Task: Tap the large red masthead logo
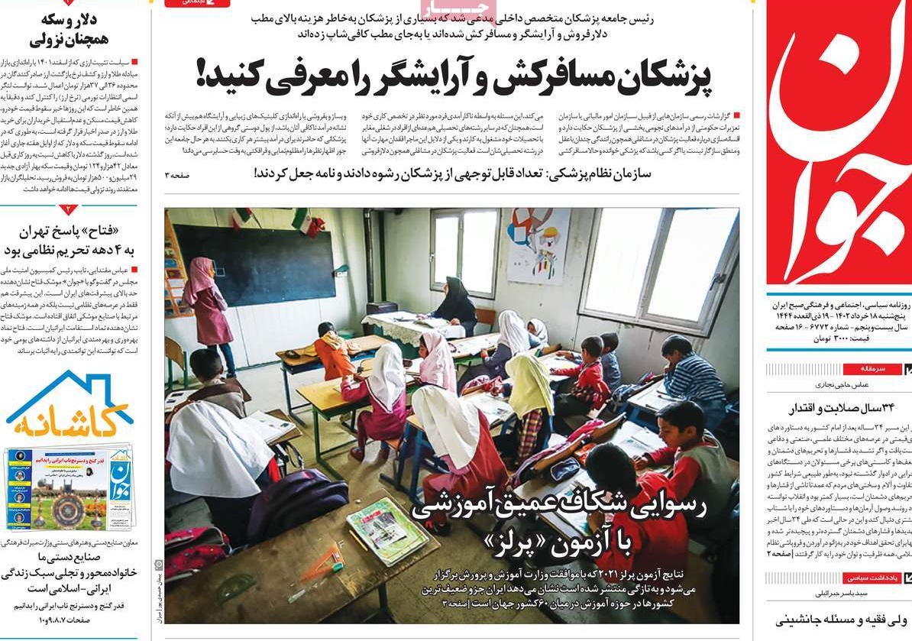click(x=839, y=145)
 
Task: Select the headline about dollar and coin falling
click(x=71, y=31)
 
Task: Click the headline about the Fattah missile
click(x=70, y=241)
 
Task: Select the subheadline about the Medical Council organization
click(x=452, y=174)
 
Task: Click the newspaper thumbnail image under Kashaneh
click(x=70, y=490)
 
